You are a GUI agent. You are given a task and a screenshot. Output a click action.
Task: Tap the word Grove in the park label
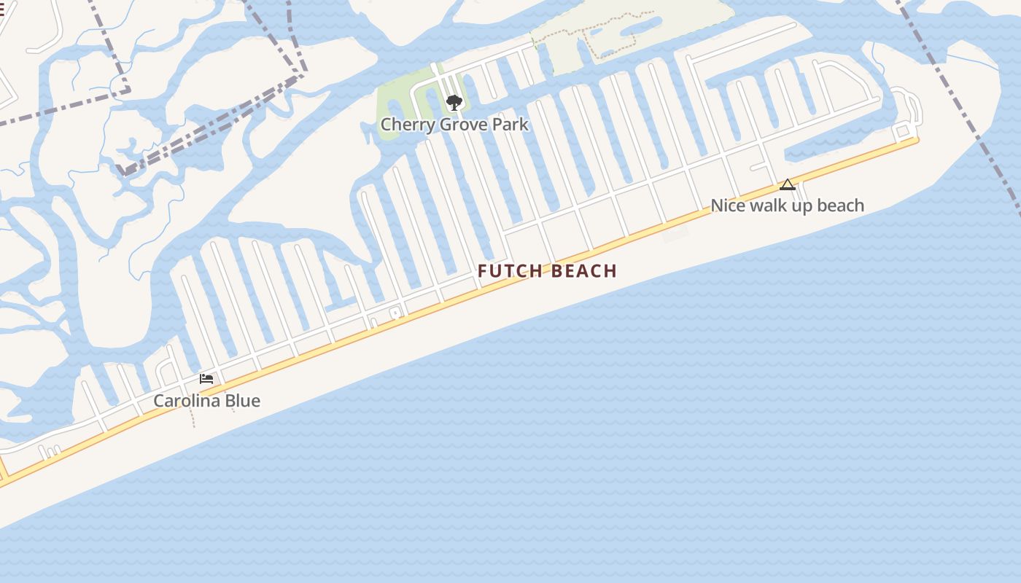coord(455,125)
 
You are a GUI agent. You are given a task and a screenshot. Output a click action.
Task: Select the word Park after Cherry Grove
coord(510,125)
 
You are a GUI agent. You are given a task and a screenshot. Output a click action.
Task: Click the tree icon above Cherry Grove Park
coord(454,102)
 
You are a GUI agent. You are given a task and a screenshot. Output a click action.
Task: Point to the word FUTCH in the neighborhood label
coord(510,271)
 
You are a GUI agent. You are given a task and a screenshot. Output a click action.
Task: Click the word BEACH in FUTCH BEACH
coord(584,271)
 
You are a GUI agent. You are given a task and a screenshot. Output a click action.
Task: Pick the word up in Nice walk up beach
coord(804,206)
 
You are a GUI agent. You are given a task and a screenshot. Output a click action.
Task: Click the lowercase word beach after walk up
coord(841,206)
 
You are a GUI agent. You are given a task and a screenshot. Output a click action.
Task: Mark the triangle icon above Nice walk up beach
coord(787,184)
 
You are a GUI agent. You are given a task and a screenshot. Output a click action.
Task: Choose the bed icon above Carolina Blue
coord(206,379)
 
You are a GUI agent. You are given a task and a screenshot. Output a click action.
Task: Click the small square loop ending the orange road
coord(903,131)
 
